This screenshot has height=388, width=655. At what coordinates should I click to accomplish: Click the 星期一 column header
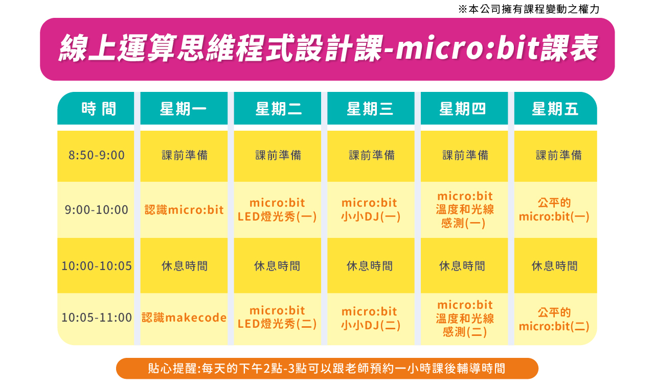tap(184, 109)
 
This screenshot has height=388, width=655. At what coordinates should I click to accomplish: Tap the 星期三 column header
tap(370, 109)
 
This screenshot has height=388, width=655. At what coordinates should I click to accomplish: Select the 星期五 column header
tap(555, 109)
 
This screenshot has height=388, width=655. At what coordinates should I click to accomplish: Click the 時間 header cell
tap(99, 109)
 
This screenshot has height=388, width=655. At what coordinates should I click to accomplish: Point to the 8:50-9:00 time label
tap(97, 155)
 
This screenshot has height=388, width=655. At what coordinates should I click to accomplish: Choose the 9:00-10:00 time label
tap(97, 210)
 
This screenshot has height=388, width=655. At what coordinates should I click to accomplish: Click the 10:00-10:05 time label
tap(97, 265)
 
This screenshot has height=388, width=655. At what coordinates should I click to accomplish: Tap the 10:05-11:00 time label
tap(97, 318)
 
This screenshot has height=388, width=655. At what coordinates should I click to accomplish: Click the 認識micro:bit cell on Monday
tap(184, 210)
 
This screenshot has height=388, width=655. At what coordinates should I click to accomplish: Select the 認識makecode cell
tap(184, 318)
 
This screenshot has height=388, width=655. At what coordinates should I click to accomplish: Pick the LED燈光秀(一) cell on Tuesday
tap(277, 210)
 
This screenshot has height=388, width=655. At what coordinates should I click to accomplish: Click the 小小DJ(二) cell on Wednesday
tap(371, 318)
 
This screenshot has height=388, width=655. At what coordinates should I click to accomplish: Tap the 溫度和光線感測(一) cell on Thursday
tap(465, 210)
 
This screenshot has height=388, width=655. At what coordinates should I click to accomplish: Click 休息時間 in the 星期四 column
tap(462, 265)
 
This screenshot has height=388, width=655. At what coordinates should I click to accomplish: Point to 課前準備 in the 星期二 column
tap(278, 155)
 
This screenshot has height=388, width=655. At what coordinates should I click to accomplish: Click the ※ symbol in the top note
tap(463, 9)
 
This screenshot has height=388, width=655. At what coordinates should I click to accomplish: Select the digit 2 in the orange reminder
tap(267, 369)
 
